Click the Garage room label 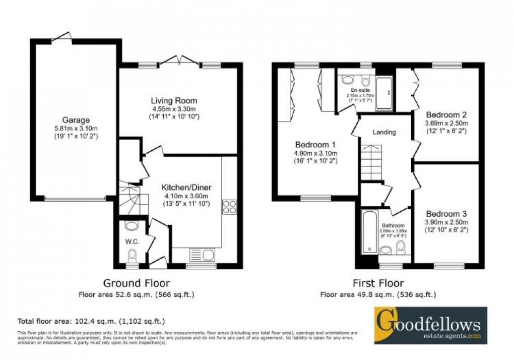(76, 120)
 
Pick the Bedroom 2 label (446, 114)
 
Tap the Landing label (384, 132)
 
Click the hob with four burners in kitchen (229, 207)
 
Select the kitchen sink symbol (201, 254)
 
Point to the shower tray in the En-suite (386, 93)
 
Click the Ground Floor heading (136, 283)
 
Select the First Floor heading (378, 283)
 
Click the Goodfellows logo (430, 325)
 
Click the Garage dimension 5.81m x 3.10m (76, 128)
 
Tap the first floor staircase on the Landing (371, 160)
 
